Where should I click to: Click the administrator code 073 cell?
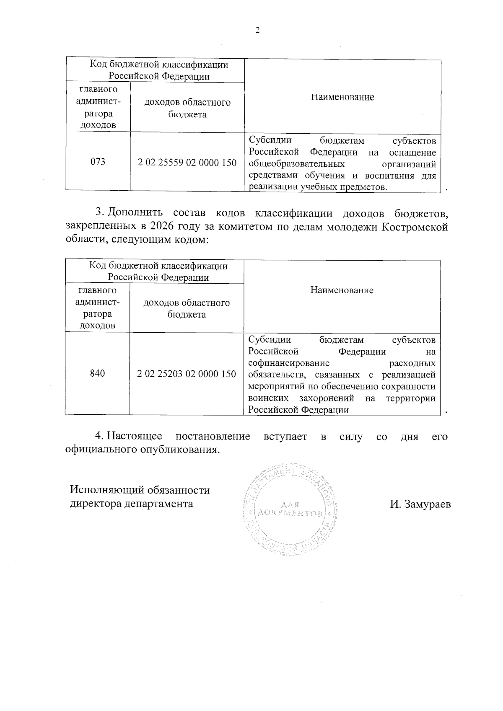[98, 162]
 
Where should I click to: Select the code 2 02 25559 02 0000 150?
[187, 163]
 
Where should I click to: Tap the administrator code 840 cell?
[97, 373]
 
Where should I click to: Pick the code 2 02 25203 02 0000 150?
[187, 374]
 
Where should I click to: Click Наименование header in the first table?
[342, 97]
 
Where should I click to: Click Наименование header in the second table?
[342, 290]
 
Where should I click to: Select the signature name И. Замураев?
[420, 504]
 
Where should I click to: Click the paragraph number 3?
[100, 213]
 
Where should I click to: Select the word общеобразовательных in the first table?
[297, 164]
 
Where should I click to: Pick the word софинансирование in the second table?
[289, 363]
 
